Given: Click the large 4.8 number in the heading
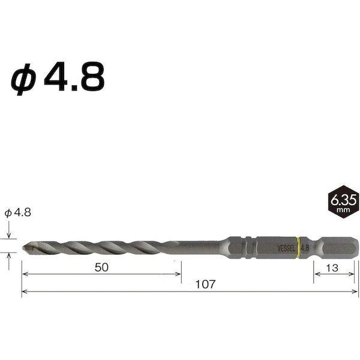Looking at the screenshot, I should tap(78, 76).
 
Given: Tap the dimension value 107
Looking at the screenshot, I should tap(190, 284).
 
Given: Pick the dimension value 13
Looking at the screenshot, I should tap(332, 268).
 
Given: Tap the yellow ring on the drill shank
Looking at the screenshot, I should tap(297, 246).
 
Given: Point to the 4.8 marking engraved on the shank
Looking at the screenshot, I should tap(304, 246).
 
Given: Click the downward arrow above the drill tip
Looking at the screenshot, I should tap(10, 233).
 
